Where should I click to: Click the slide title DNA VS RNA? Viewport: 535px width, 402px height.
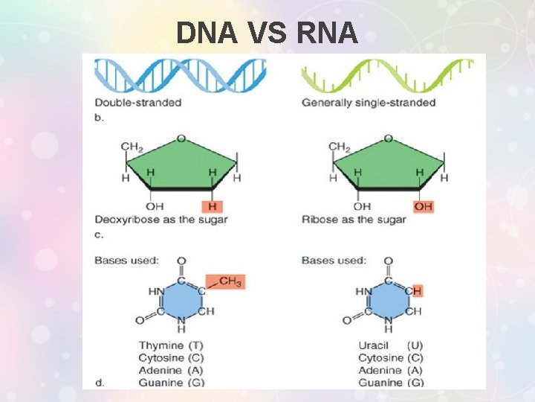267,33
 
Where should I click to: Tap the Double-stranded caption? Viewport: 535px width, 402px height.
138,102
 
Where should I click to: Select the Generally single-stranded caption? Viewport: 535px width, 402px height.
368,102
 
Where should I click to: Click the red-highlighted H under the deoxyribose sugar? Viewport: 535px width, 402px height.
213,206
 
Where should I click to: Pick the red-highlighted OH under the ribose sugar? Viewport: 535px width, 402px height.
423,206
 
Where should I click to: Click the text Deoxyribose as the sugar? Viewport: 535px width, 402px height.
161,220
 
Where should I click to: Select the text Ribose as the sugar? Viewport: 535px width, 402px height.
354,220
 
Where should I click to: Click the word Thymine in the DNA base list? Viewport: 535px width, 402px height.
161,345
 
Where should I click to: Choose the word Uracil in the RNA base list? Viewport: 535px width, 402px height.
374,345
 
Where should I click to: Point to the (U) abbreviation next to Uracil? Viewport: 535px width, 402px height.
415,345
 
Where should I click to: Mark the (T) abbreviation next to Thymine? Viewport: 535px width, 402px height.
196,345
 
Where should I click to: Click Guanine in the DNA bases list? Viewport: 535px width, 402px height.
160,383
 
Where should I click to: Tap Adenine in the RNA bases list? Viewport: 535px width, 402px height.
380,370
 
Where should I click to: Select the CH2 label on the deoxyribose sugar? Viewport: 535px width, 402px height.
132,147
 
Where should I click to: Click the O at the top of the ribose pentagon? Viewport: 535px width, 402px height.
387,138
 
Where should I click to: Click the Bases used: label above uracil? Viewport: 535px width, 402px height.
334,261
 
